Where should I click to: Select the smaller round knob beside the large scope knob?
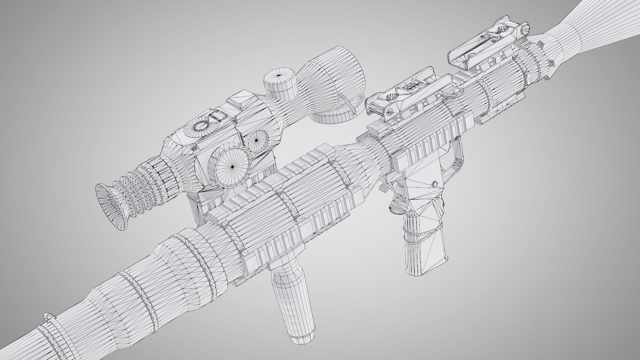pos(256,140)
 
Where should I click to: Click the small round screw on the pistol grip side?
pos(435,184)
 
